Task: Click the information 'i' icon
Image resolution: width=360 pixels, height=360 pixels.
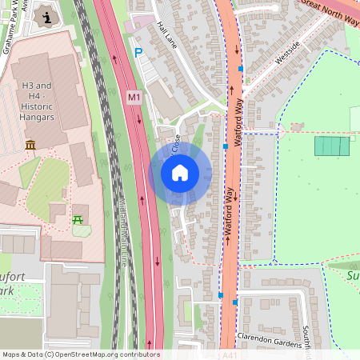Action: [47, 17]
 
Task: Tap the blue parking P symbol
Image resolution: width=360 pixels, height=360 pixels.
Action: [138, 53]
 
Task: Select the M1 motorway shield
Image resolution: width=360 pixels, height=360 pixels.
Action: [134, 97]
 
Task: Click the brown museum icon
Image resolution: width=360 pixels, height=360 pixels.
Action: [30, 145]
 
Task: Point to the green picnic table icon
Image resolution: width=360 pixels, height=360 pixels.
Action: [78, 218]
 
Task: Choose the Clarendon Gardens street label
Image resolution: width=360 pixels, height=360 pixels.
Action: [270, 337]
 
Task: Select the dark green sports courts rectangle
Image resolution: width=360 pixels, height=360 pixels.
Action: [331, 146]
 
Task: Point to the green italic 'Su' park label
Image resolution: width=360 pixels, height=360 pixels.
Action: [353, 276]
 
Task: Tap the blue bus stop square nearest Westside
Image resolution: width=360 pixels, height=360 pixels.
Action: [240, 69]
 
